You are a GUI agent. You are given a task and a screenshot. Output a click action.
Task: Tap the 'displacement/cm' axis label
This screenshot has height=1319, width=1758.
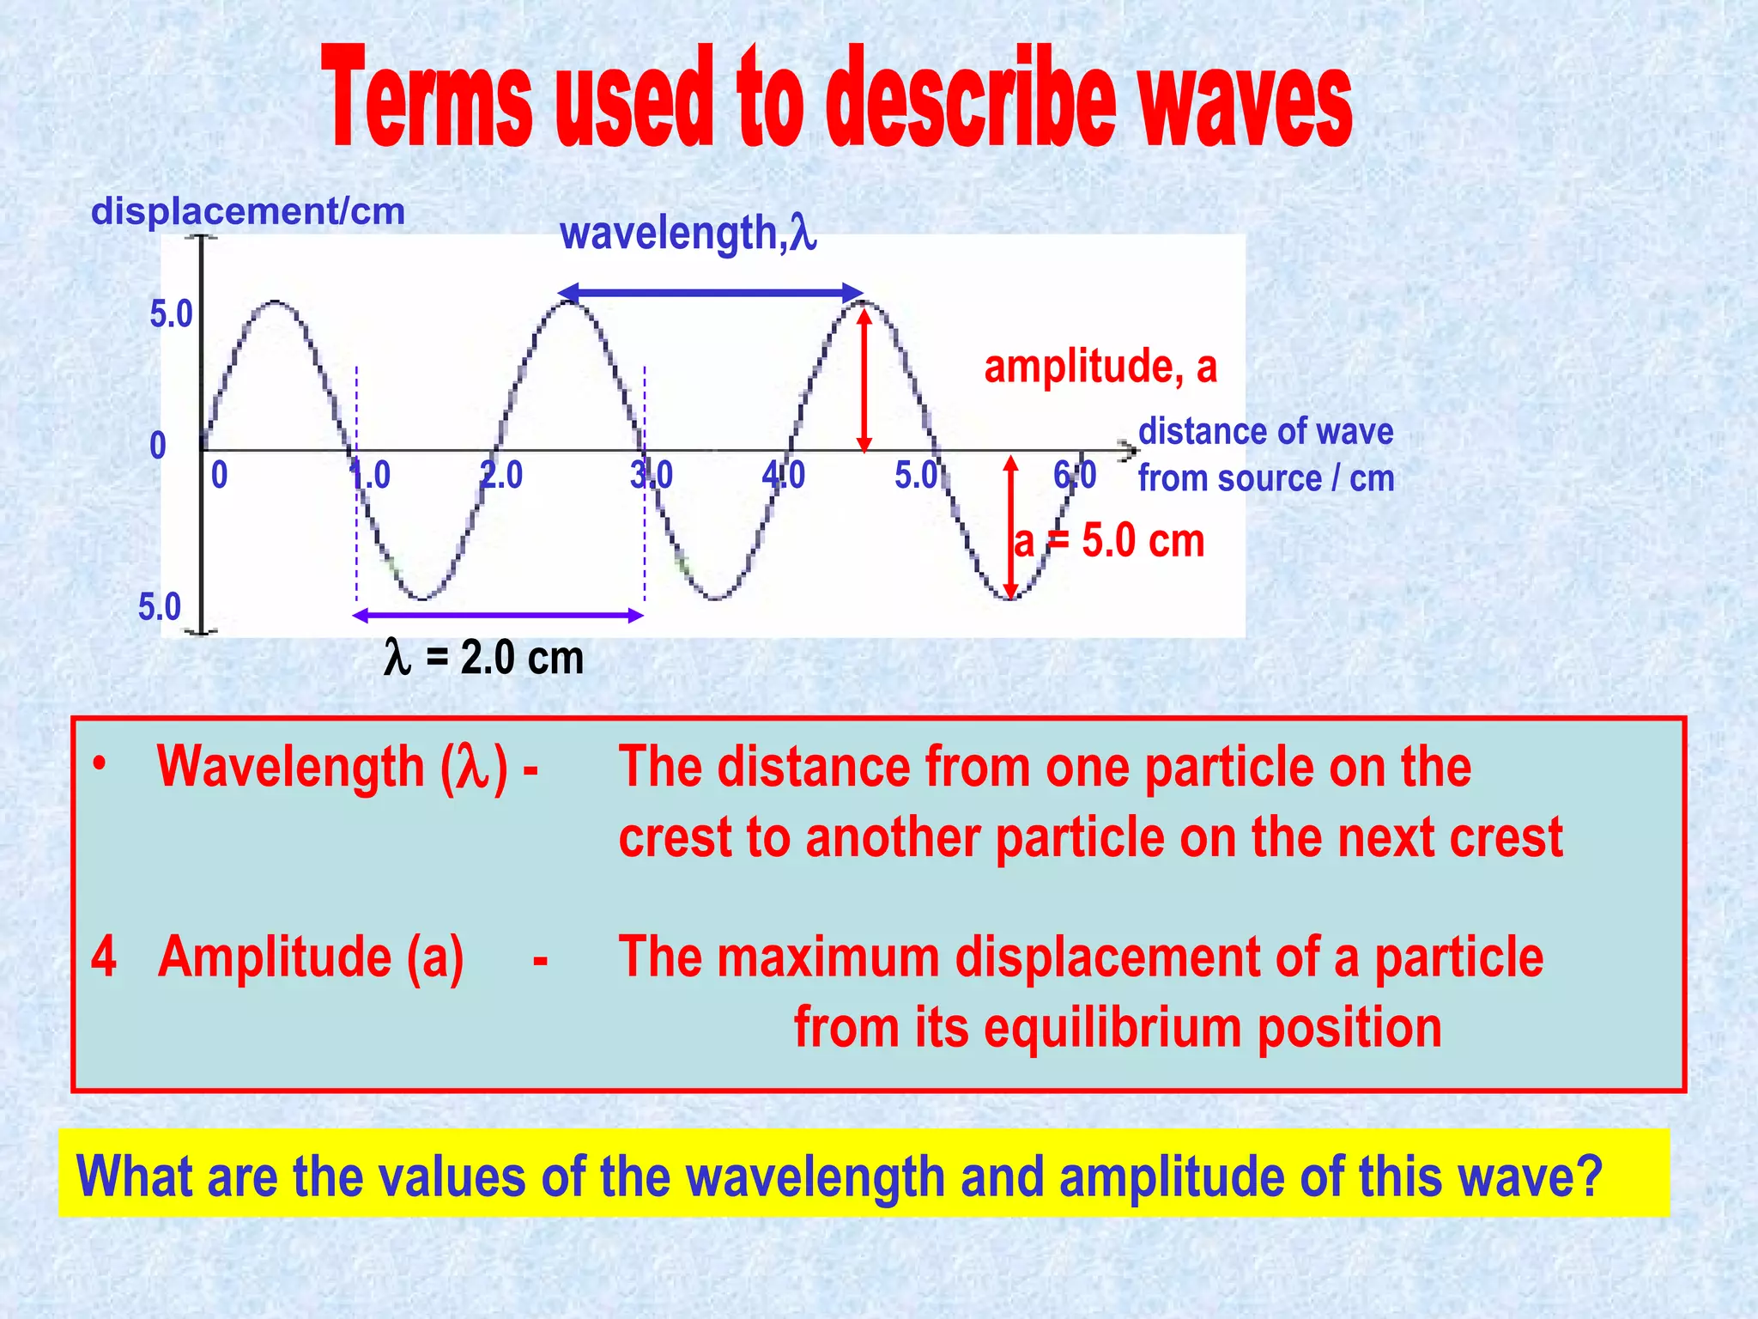[248, 211]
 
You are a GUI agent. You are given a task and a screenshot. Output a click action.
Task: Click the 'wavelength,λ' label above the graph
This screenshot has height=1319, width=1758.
[688, 233]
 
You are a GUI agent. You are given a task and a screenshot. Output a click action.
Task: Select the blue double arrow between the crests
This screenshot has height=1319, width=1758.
[711, 293]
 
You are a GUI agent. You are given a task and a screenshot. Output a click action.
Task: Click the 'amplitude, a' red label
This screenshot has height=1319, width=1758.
[1100, 367]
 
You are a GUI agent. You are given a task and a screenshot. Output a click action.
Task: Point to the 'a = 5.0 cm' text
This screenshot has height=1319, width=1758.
[1110, 541]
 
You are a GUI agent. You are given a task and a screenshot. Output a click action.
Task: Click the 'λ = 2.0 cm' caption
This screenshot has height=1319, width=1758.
[484, 658]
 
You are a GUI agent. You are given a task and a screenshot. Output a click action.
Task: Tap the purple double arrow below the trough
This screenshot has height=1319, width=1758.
[498, 615]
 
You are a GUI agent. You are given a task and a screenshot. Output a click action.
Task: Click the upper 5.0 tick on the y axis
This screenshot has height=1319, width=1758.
[172, 314]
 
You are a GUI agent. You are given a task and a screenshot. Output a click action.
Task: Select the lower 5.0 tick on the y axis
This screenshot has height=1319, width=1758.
[160, 607]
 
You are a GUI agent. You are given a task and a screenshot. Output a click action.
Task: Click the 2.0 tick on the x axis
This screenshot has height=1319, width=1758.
[501, 475]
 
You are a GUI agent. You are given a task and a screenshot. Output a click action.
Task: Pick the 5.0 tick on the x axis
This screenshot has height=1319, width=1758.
[917, 475]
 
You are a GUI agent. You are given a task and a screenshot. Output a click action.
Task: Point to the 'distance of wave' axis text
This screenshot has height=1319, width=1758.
[1265, 431]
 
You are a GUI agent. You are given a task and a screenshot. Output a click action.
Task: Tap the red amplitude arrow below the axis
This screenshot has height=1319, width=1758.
[1011, 526]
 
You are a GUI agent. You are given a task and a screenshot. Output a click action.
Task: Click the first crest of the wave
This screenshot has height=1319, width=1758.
[275, 302]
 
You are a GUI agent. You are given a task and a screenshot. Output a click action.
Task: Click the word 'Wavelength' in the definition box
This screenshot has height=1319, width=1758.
[291, 766]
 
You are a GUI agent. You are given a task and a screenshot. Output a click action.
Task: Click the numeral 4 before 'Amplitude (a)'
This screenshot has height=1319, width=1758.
[104, 957]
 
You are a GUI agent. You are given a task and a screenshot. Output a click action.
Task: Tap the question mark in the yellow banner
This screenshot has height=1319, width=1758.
[1588, 1176]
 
